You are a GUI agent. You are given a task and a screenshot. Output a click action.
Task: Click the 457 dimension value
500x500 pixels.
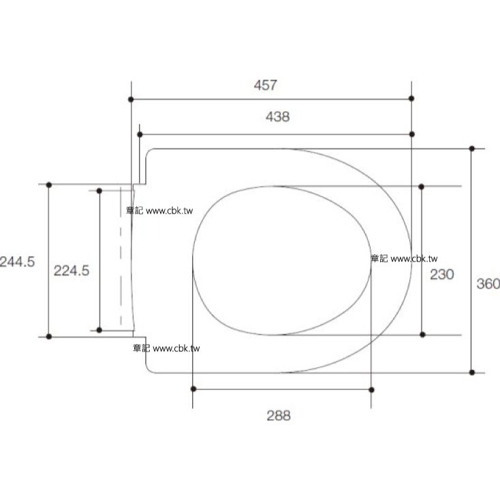pos(265,85)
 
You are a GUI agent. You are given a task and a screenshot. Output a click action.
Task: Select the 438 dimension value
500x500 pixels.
pos(278,116)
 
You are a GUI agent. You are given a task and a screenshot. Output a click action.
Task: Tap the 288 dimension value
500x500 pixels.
pos(279,416)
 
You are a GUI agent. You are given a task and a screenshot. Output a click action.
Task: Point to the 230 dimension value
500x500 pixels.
pos(442,275)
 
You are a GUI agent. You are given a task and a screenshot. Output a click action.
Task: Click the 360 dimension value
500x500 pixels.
pos(488,284)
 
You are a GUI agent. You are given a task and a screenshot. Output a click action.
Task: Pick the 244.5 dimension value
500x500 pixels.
pos(17,262)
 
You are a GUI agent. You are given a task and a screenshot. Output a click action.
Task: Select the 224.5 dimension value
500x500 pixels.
pos(72,270)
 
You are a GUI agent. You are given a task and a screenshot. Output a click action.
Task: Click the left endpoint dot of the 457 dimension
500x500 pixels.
pos(131,99)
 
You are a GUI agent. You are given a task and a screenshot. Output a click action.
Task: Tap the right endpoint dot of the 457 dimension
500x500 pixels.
pos(411,99)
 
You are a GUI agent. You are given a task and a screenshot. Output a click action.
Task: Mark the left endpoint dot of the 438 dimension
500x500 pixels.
pos(140,135)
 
